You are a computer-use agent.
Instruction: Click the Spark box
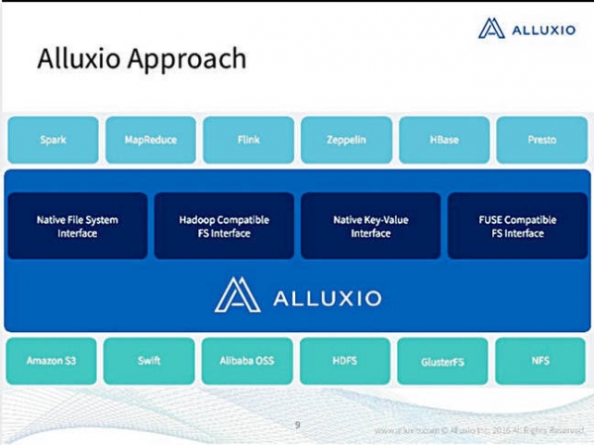pyautogui.click(x=52, y=140)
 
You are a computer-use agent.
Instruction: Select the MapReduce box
pyautogui.click(x=150, y=140)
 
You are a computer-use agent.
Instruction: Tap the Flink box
pyautogui.click(x=248, y=140)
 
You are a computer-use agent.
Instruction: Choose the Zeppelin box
pyautogui.click(x=346, y=140)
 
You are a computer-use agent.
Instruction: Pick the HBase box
pyautogui.click(x=444, y=140)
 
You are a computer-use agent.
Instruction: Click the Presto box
pyautogui.click(x=542, y=140)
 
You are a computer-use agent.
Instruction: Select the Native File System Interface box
pyautogui.click(x=77, y=226)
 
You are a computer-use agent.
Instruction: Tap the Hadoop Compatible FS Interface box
pyautogui.click(x=224, y=226)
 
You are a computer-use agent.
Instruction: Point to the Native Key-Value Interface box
pyautogui.click(x=370, y=226)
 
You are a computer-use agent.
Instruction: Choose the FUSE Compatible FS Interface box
pyautogui.click(x=517, y=226)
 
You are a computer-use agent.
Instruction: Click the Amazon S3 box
pyautogui.click(x=51, y=362)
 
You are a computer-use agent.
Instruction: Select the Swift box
pyautogui.click(x=149, y=362)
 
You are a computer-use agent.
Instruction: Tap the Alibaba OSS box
pyautogui.click(x=247, y=362)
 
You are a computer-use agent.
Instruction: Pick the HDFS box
pyautogui.click(x=346, y=362)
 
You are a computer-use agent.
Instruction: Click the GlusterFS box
pyautogui.click(x=444, y=362)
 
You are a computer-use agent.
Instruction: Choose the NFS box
pyautogui.click(x=542, y=362)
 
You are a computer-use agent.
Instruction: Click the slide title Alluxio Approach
pyautogui.click(x=142, y=58)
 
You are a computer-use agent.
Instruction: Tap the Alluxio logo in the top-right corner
pyautogui.click(x=526, y=29)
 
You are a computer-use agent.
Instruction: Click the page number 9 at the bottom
pyautogui.click(x=298, y=424)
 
